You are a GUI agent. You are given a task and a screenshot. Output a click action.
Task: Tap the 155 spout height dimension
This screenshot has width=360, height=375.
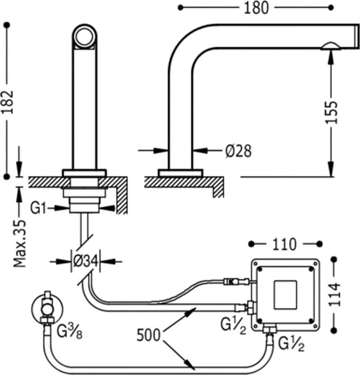pos(331,112)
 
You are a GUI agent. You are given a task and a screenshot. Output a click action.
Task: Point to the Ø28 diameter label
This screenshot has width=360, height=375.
pos(239,151)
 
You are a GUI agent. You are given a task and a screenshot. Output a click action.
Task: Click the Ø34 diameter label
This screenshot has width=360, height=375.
pos(85,261)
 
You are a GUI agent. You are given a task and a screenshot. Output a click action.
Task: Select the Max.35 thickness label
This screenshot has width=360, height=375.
pos(20,242)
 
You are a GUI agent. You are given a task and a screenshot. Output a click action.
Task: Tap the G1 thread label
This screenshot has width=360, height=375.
pos(38,208)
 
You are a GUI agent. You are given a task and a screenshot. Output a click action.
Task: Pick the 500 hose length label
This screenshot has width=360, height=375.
pos(149,335)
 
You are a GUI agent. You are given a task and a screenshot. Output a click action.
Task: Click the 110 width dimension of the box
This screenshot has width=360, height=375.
pos(285,244)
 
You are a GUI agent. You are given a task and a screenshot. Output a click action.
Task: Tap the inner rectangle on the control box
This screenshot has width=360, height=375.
pos(285,295)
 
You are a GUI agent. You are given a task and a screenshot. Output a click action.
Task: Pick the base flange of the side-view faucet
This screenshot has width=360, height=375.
pos(180,172)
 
